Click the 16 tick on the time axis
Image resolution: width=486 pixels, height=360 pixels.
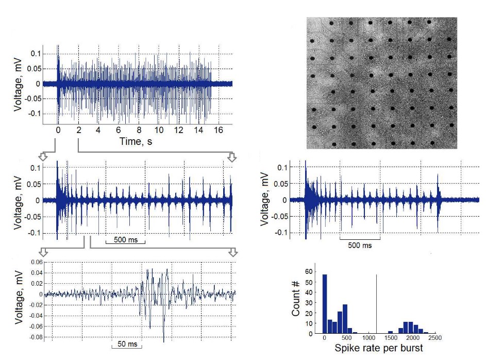point(219,131)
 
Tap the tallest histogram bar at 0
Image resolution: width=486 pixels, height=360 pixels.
point(325,304)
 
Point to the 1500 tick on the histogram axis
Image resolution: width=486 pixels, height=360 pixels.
point(390,338)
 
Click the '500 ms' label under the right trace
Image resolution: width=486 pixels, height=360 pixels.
point(360,246)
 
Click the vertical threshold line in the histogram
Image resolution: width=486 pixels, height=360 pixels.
point(377,304)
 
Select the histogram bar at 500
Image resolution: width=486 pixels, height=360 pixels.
point(345,319)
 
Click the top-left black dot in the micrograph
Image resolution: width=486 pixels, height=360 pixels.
point(332,22)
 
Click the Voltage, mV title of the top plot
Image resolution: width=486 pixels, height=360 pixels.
point(19,84)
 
